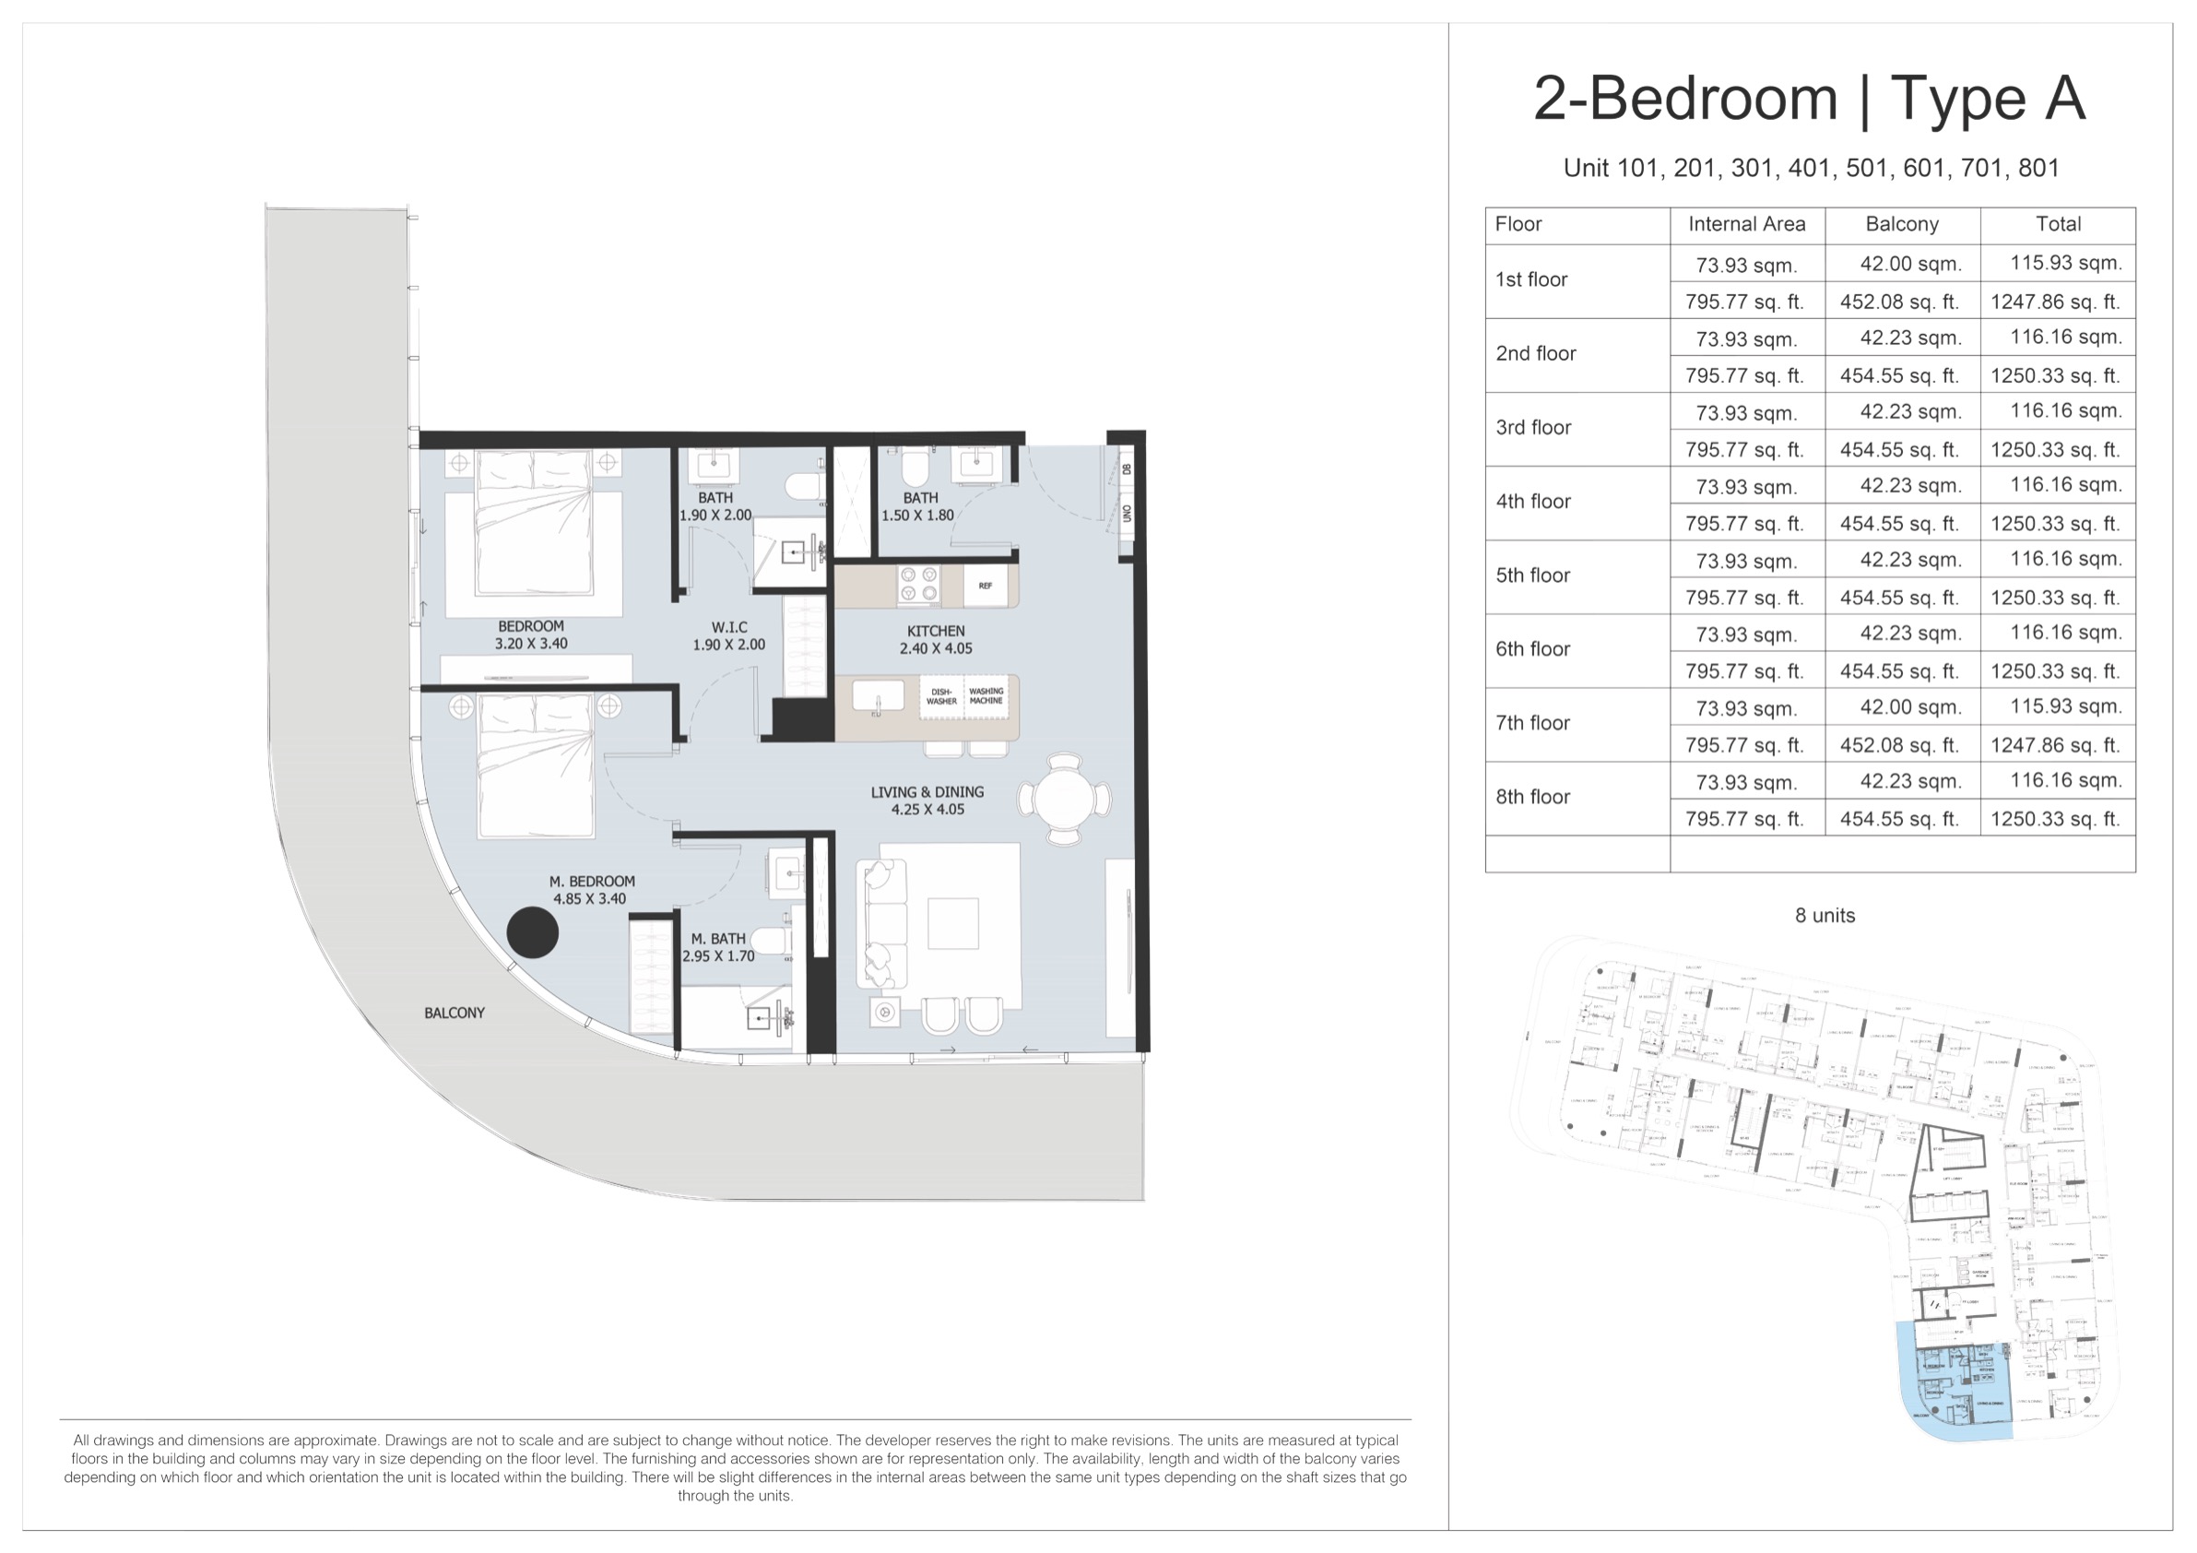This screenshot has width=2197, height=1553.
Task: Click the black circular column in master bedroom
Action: [x=532, y=933]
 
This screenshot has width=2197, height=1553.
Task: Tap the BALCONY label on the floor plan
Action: [x=455, y=1013]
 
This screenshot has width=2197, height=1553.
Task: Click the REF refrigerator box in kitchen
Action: [x=986, y=586]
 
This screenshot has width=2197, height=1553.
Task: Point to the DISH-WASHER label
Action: [x=940, y=695]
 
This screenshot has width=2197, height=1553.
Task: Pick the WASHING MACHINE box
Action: [x=986, y=695]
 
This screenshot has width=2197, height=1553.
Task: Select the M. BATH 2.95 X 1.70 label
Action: [x=718, y=947]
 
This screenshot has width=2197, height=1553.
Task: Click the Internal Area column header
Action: [x=1746, y=224]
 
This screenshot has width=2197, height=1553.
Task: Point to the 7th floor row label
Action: [x=1532, y=723]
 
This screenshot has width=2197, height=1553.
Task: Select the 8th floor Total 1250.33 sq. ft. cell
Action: [x=2055, y=819]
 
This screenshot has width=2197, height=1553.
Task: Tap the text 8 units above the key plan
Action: [x=1824, y=915]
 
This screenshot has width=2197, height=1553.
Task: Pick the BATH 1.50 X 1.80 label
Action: [x=919, y=506]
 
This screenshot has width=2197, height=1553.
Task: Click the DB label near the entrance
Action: [x=1128, y=468]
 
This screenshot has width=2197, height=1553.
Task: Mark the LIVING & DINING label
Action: [x=927, y=800]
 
